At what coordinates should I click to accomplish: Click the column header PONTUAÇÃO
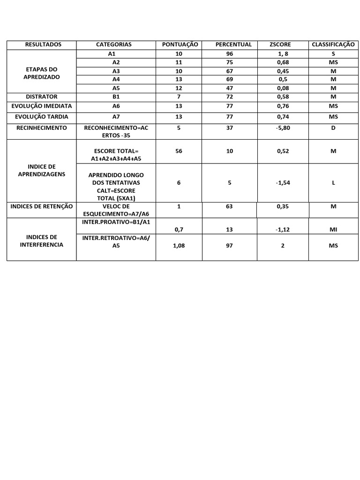click(180, 45)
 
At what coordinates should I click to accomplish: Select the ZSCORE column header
click(280, 45)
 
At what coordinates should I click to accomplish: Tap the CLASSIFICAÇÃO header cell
click(333, 45)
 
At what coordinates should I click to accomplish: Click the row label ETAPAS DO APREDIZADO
click(42, 73)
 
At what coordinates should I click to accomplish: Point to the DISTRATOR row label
click(42, 97)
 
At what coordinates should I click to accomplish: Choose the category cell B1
click(116, 97)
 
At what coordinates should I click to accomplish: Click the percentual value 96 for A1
click(229, 54)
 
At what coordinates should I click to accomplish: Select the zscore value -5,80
click(283, 127)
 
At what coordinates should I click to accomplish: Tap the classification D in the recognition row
click(333, 127)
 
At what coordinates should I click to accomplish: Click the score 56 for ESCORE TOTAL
click(179, 151)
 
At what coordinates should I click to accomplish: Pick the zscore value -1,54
click(283, 183)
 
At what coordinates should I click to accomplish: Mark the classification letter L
click(333, 183)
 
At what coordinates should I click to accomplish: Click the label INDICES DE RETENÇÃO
click(42, 206)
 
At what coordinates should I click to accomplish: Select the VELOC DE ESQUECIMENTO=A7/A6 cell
click(116, 210)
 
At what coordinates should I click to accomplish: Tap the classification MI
click(333, 229)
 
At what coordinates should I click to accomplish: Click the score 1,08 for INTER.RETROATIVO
click(179, 246)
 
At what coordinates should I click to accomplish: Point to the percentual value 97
click(229, 246)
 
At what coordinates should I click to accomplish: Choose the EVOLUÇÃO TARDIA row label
click(42, 117)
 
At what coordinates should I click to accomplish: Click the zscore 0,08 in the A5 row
click(283, 88)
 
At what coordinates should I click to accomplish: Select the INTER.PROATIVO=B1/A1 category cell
click(116, 222)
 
